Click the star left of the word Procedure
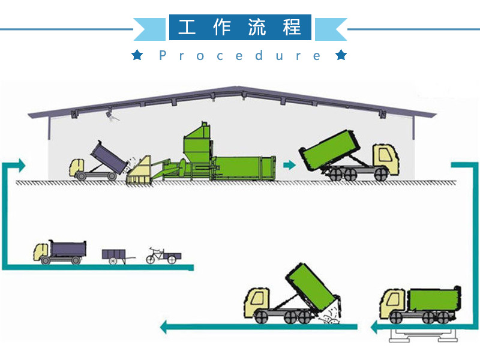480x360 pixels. tap(137, 56)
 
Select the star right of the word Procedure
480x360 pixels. tap(341, 56)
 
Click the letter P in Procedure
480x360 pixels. tap(163, 56)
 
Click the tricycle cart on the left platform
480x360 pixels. tap(163, 255)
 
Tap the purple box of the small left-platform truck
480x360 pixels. tap(67, 247)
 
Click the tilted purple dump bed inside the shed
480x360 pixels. tap(108, 155)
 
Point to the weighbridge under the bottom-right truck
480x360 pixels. tap(420, 334)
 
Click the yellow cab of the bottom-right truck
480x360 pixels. tap(394, 303)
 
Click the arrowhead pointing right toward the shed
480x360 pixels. tap(22, 164)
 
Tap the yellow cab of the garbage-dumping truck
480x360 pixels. tap(259, 301)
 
